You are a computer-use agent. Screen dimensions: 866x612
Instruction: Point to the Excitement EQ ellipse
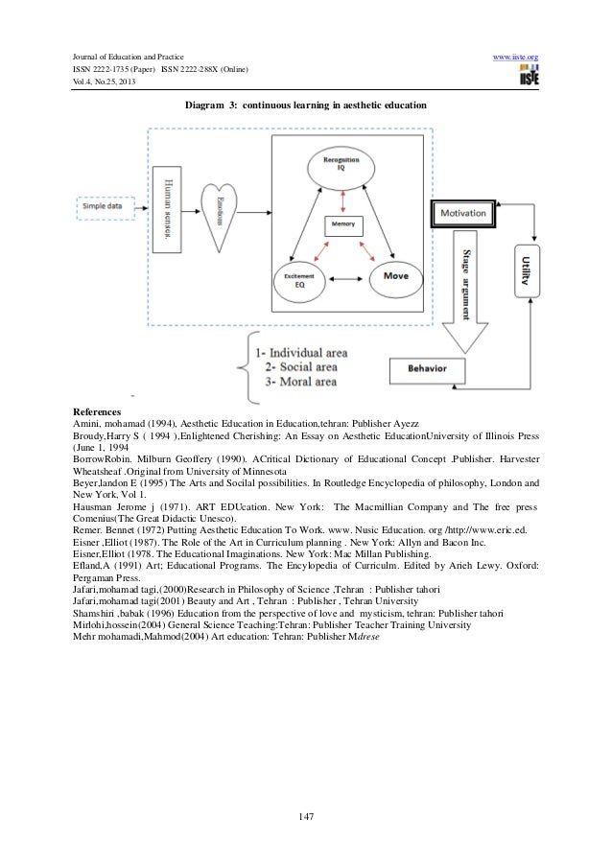click(x=300, y=278)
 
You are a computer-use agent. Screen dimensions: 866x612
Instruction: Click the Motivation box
click(x=465, y=213)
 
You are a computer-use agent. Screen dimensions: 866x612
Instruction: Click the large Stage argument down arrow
click(x=464, y=288)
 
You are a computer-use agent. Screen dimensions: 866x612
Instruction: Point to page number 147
click(x=306, y=816)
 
